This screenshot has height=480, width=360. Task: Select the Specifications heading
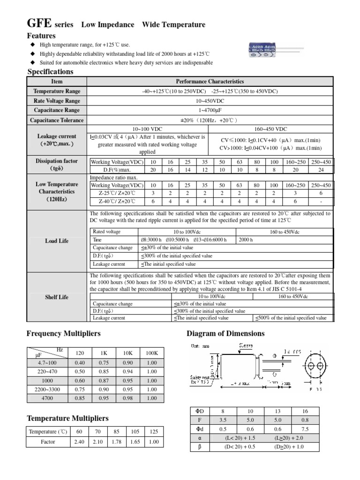[x=51, y=72]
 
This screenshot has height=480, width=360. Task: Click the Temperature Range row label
[x=57, y=91]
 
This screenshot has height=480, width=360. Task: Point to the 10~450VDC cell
[x=210, y=101]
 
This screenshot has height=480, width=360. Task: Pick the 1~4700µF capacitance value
[x=210, y=110]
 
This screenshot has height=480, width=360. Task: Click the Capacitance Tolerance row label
[x=57, y=120]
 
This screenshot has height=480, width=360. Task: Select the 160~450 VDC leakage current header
[x=271, y=129]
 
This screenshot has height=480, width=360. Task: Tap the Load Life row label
[x=57, y=241]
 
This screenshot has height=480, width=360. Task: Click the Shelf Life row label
[x=57, y=297]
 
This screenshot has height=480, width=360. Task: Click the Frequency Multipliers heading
[x=64, y=334]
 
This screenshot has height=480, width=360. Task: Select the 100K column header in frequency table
[x=152, y=353]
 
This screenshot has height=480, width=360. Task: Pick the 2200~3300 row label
[x=47, y=389]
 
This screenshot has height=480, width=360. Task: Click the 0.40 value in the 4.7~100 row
[x=80, y=363]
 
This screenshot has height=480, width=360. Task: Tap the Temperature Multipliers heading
[x=67, y=418]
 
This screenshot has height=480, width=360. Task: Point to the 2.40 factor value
[x=79, y=442]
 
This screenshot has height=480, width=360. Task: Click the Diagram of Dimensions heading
[x=225, y=334]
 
